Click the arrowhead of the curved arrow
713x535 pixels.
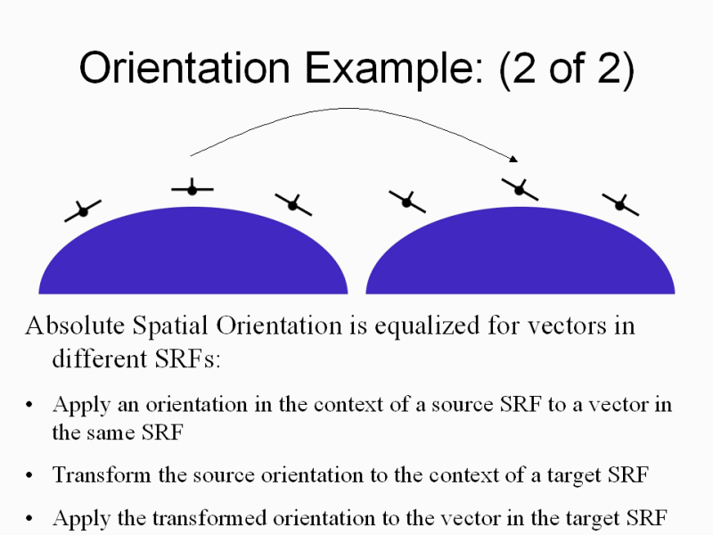coord(514,159)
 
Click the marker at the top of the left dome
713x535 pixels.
coord(192,189)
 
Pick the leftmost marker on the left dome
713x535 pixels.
coord(82,211)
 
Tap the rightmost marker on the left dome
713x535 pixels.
coord(292,205)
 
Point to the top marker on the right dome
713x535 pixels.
coord(519,187)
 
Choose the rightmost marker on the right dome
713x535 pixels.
coord(620,205)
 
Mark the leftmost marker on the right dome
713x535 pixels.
coord(406,202)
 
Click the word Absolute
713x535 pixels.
coord(70,326)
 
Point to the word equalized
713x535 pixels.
coord(403,326)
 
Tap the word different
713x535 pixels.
coord(93,358)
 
